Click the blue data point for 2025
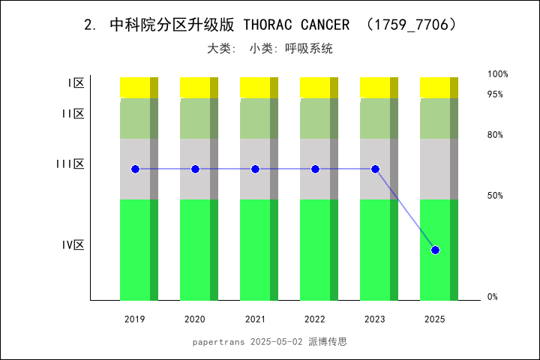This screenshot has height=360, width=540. tap(435, 250)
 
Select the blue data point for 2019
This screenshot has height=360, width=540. tap(135, 169)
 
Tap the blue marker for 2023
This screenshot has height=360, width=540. tap(375, 169)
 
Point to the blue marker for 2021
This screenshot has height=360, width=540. tap(255, 169)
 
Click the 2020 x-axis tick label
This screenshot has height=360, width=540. tap(195, 319)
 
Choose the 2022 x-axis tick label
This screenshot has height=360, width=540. tap(315, 319)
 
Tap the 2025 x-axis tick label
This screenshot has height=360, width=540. tap(435, 319)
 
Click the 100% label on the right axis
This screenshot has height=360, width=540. tap(498, 74)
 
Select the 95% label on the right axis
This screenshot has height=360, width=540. tap(495, 94)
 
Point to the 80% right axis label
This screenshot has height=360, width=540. tap(495, 135)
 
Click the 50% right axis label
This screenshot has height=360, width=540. tap(495, 196)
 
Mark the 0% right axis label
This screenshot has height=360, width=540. tap(493, 297)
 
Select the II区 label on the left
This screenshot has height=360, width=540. tap(73, 113)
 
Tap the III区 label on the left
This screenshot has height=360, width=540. tap(70, 163)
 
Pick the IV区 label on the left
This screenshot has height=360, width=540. tap(73, 244)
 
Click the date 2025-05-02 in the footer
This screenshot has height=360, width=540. tap(277, 341)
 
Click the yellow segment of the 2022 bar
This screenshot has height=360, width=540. tap(315, 87)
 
